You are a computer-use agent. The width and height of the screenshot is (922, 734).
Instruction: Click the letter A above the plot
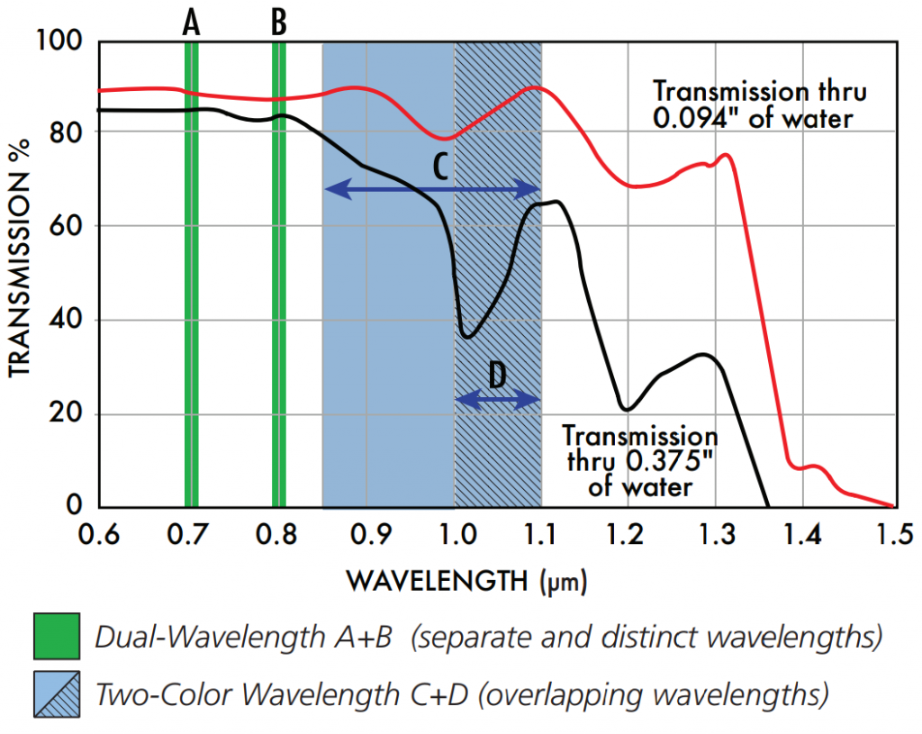[x=191, y=23]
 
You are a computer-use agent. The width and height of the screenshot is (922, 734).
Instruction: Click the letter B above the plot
[x=279, y=23]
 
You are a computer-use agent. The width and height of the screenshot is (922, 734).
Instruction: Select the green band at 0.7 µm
[x=191, y=270]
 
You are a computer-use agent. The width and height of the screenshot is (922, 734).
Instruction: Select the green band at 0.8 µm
[x=279, y=270]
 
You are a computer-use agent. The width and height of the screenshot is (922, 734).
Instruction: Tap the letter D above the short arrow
[x=497, y=376]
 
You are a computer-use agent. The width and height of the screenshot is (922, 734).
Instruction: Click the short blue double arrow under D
[x=497, y=400]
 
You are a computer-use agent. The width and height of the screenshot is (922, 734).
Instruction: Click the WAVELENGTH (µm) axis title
[x=466, y=581]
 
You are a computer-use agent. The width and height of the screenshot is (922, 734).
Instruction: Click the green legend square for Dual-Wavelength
[x=56, y=637]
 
